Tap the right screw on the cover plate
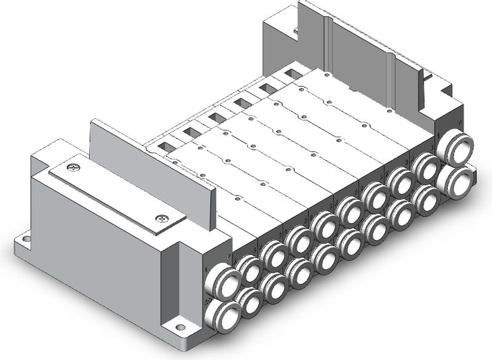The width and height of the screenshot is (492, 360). pos(162,217)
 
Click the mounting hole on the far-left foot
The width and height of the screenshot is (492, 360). pos(26,235)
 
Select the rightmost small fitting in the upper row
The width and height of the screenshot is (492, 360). pos(424,167)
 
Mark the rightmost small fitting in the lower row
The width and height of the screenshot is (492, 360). pos(425,199)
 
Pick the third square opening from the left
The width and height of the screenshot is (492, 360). pos(217,117)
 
